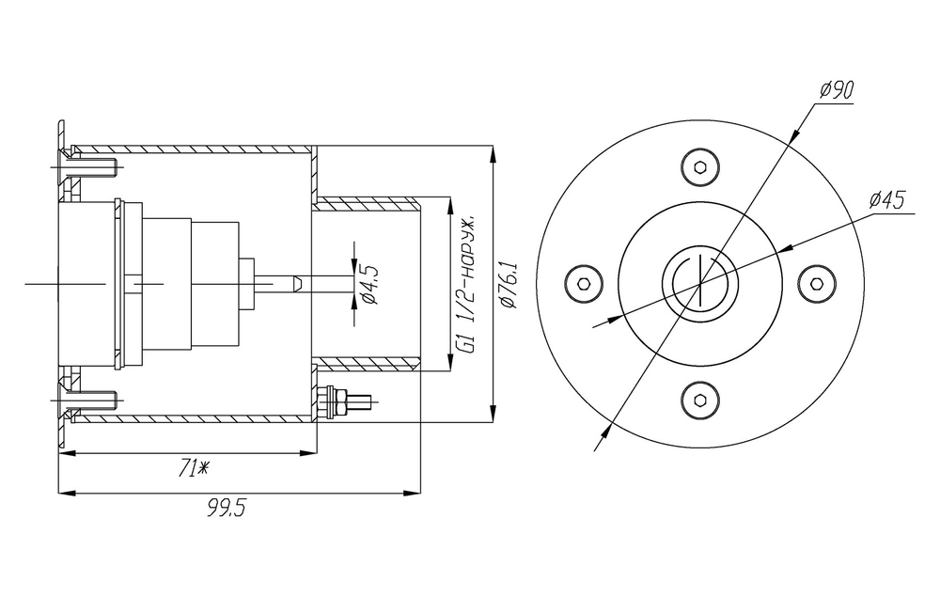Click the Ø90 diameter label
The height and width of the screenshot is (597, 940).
point(837,90)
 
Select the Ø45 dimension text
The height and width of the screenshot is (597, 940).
point(886,200)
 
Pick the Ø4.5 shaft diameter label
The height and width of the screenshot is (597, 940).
point(368,285)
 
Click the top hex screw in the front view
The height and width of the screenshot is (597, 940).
point(698,167)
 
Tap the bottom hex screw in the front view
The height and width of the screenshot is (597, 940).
point(698,398)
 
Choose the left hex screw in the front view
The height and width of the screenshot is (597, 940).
point(584,283)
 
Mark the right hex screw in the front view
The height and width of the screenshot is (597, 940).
point(814,283)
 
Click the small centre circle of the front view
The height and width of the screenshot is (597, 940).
point(698,282)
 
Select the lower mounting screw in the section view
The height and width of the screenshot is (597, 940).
point(91,401)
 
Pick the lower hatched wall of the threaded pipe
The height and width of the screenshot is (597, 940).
point(367,363)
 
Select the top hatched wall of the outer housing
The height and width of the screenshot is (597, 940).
point(188,148)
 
